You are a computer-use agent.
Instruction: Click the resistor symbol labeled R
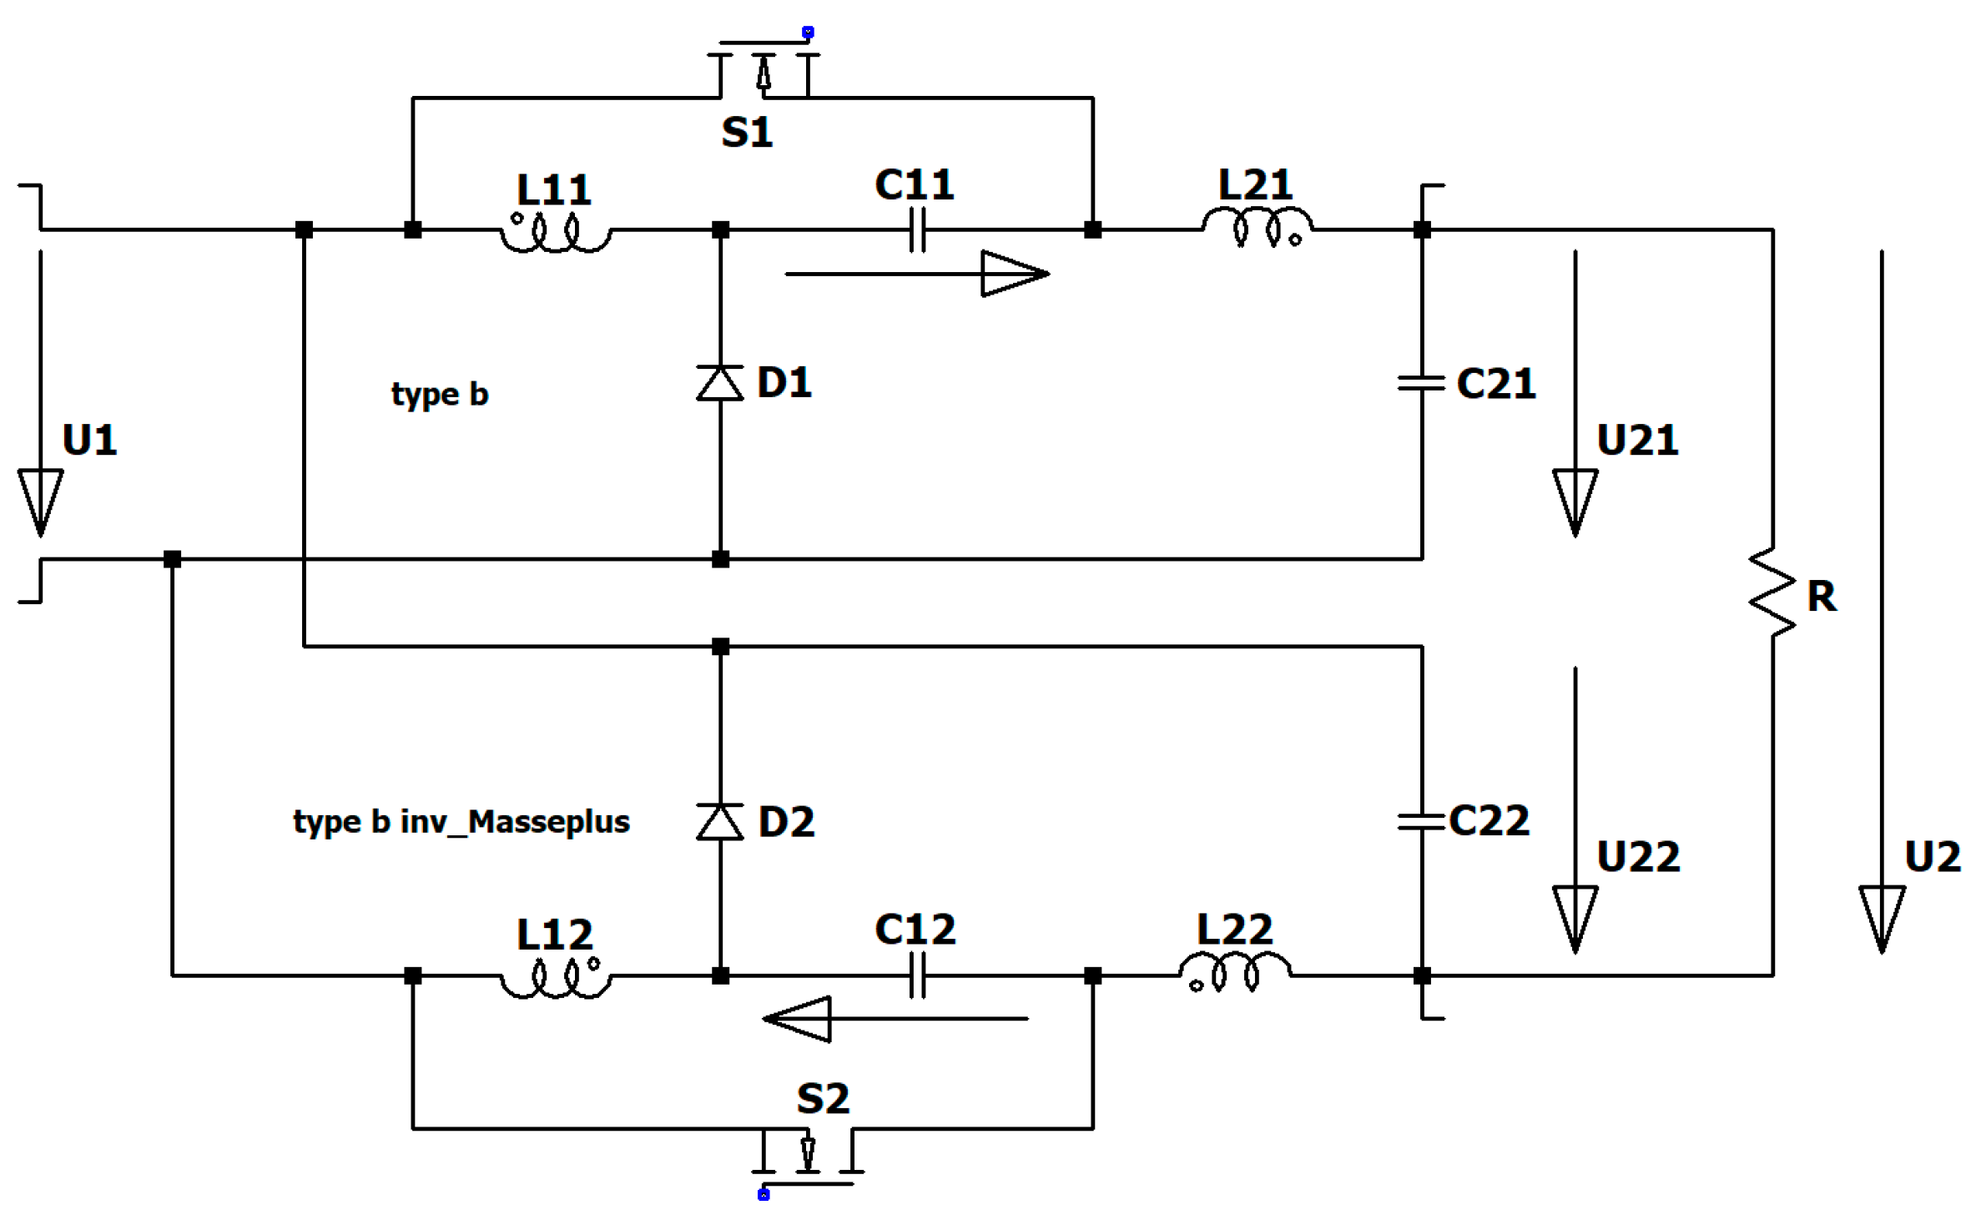tap(1772, 593)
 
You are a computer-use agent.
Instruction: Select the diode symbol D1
tap(720, 383)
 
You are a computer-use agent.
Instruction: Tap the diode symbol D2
tap(720, 822)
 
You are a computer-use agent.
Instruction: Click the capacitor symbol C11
tap(917, 229)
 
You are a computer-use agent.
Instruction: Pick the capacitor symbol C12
tap(917, 975)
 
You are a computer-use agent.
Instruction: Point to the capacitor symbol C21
tap(1421, 383)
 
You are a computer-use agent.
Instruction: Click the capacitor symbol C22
tap(1421, 822)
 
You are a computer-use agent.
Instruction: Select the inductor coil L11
tap(555, 234)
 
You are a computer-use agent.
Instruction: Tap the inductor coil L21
tap(1257, 227)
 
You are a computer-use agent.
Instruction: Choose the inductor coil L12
tap(555, 978)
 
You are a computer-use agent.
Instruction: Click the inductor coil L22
tap(1235, 973)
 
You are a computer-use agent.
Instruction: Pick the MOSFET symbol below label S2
tap(807, 1156)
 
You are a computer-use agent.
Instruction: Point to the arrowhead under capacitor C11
tap(1014, 273)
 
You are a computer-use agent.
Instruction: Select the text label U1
tap(89, 440)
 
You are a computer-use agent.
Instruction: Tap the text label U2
tap(1932, 857)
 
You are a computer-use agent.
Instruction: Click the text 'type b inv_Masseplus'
tap(461, 822)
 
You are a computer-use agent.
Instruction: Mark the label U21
tap(1636, 440)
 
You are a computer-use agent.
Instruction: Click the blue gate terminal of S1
tap(807, 33)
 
